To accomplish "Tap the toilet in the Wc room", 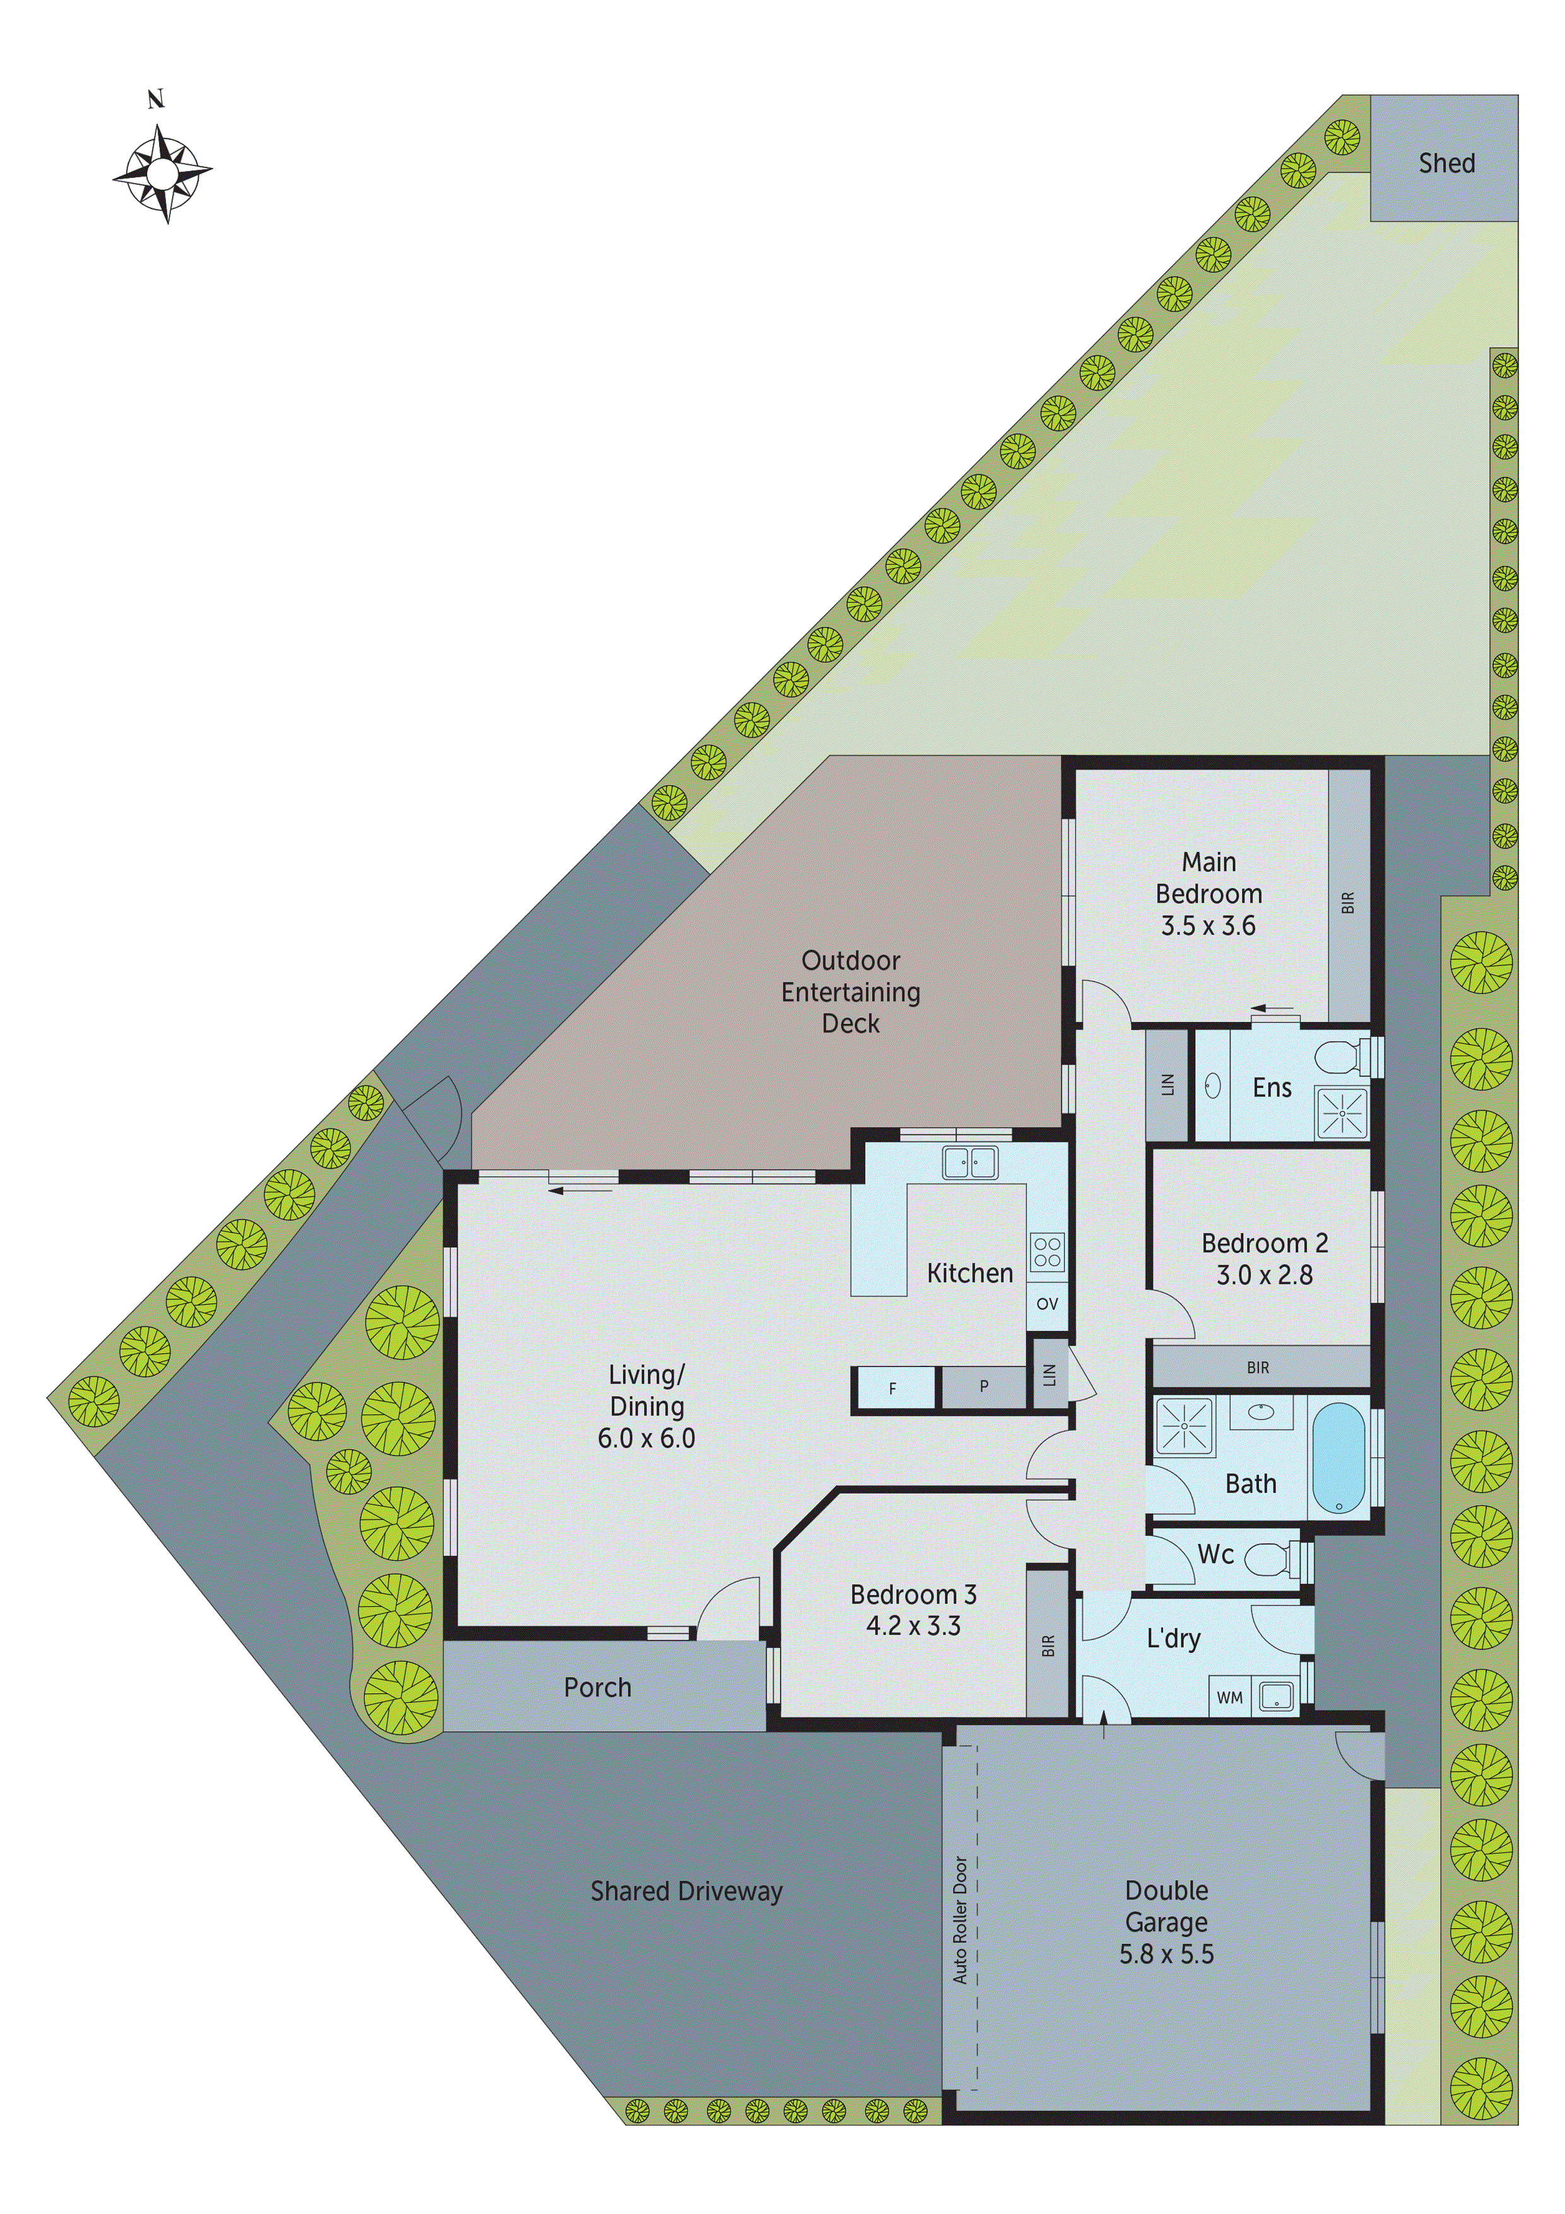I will pos(1272,1556).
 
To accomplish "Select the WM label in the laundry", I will pos(1229,1697).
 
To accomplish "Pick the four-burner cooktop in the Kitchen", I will pos(1047,1252).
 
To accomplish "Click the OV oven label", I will pos(1047,1304).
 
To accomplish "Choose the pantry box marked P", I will pos(984,1387).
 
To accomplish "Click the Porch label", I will pos(597,1688).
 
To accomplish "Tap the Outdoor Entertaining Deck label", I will pos(851,992).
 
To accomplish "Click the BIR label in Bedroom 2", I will pos(1258,1368).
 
